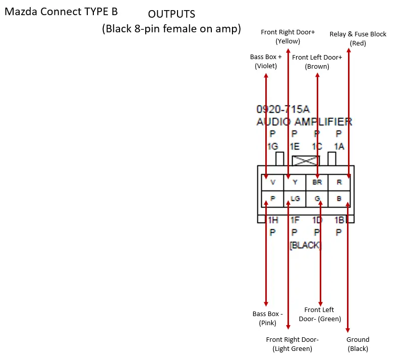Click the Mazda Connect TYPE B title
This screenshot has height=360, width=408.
(61, 11)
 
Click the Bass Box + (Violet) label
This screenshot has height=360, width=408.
(266, 62)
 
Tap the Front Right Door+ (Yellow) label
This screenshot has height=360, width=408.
(287, 37)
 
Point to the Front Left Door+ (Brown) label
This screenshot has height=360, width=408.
(317, 62)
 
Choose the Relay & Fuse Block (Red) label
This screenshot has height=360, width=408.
(358, 38)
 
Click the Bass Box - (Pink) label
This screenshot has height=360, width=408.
(267, 319)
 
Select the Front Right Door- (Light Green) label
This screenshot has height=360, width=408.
(292, 344)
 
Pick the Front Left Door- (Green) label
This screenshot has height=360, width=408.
(320, 315)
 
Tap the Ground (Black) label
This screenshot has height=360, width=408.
(358, 344)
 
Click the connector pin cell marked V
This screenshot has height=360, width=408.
(273, 182)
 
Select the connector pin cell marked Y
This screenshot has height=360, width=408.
(295, 182)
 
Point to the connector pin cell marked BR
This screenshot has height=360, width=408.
(317, 182)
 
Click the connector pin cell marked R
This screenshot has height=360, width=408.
(339, 182)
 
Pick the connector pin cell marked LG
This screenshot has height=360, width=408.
(295, 198)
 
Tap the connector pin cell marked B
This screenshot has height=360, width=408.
(339, 198)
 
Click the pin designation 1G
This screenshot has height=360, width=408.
(272, 146)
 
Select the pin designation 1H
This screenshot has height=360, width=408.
(273, 220)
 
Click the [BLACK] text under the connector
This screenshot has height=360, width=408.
(305, 245)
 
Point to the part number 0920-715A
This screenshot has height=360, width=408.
(283, 109)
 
